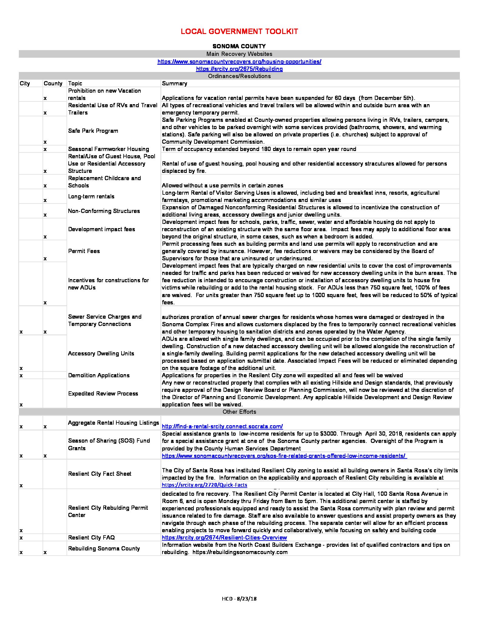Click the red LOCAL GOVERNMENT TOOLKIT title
point(239,32)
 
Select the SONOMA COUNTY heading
point(239,46)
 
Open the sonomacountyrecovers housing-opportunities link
point(239,62)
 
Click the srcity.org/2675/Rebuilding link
point(239,69)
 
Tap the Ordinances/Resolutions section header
point(239,76)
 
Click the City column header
point(25,84)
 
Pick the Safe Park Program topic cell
point(93,131)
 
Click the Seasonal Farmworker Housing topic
point(108,149)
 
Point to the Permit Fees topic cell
point(84,251)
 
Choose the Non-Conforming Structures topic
point(104,211)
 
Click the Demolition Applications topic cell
point(99,375)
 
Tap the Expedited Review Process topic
point(103,394)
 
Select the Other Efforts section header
point(239,412)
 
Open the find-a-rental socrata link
point(222,426)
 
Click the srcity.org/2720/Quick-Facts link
point(204,485)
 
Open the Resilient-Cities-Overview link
point(224,538)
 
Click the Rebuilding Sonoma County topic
point(104,549)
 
